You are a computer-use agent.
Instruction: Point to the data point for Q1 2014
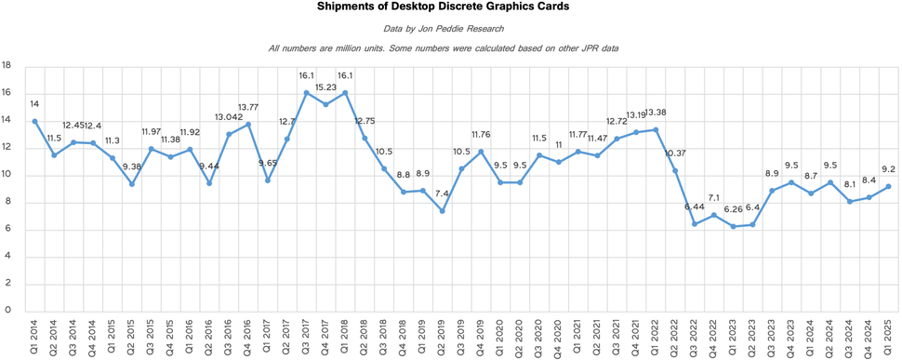pos(34,121)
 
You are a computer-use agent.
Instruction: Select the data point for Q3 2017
pos(306,92)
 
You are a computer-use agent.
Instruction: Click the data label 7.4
pos(442,193)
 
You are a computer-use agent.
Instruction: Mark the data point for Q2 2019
pos(442,211)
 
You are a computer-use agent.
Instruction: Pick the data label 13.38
pos(657,113)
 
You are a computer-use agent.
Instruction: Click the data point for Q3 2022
pos(694,223)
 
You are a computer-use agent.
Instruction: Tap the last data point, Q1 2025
pos(888,186)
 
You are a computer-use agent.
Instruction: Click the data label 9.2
pos(888,169)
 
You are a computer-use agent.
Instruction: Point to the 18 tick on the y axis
pos(7,66)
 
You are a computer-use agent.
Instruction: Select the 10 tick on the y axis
pos(7,175)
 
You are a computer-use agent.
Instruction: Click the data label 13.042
pos(229,117)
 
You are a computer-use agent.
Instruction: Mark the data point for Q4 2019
pos(481,152)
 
